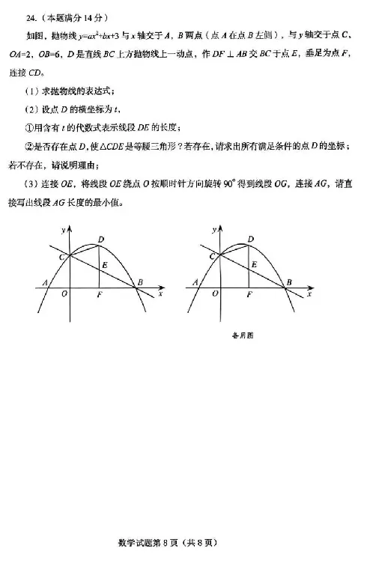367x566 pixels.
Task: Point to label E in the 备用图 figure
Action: click(255, 264)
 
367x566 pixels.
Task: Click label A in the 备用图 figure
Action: click(195, 282)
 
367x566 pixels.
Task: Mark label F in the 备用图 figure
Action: click(249, 295)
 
